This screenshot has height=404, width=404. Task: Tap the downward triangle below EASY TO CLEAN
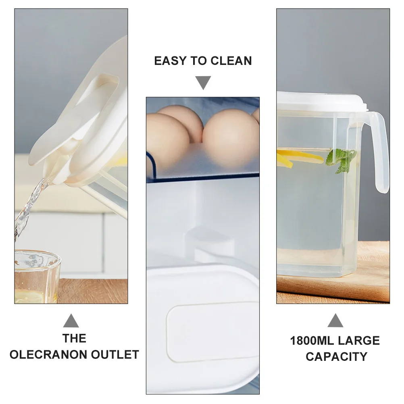203,83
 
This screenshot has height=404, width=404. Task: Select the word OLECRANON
49,354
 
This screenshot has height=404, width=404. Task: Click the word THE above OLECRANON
74,338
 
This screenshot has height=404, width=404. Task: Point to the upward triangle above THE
71,321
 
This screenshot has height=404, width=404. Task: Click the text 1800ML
312,341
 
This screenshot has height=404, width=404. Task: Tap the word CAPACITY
336,356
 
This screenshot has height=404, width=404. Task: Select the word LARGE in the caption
359,341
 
